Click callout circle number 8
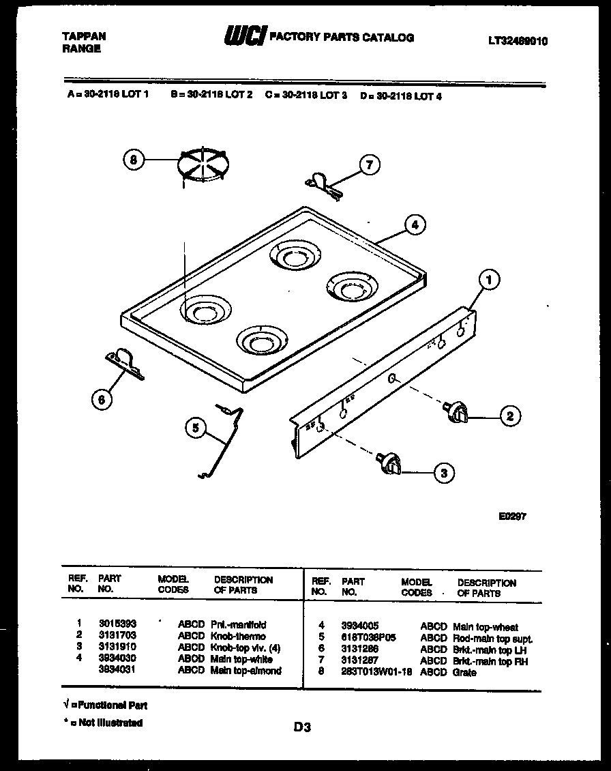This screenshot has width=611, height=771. pos(134,160)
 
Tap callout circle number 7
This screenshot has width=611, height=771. pos(370,165)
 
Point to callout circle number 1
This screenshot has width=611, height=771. pos(488,278)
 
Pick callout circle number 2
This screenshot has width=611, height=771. pos(509,416)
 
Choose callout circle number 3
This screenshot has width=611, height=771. pos(444,471)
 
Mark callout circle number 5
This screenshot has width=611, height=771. pos(196,428)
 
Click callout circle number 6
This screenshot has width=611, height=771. pos(102,401)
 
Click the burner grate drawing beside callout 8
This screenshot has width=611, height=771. pos(203,165)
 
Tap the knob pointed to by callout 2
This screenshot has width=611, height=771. pos(456,411)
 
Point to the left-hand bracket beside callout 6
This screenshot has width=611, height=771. pos(125,363)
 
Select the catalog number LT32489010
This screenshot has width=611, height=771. pos(518,41)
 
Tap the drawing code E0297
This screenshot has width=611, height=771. pos(512,517)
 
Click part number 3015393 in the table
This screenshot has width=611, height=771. pos(118,624)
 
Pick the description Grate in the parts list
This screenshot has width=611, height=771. pos(464,673)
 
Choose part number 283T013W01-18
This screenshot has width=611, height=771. pos(376,673)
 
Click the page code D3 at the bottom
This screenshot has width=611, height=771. pos(302,728)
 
